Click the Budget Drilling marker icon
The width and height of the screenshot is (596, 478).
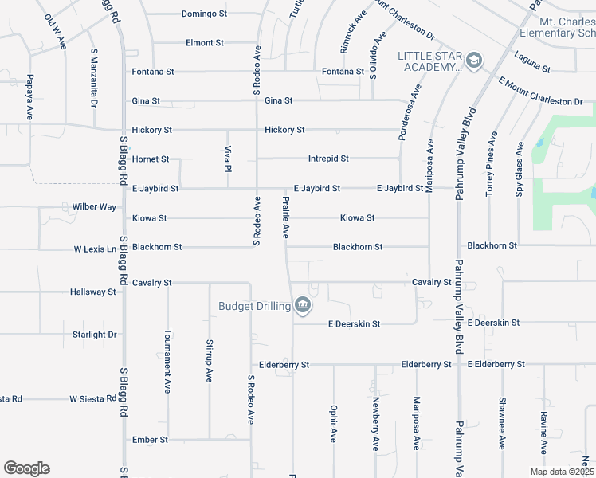(303, 305)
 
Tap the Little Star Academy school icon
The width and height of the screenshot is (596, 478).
(474, 61)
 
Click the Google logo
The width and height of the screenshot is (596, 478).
(26, 468)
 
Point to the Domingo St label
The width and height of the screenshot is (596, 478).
(204, 14)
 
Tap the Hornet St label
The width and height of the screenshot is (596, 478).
(151, 159)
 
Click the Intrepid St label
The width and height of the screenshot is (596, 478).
(328, 159)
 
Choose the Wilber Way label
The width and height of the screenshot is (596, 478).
(94, 206)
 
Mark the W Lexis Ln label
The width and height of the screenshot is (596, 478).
(95, 249)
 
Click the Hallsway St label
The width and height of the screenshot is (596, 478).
(92, 292)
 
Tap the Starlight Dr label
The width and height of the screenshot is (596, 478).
(94, 335)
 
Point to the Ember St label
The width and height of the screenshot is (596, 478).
(151, 439)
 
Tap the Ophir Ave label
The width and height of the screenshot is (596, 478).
(333, 425)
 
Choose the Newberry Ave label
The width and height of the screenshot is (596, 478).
(375, 424)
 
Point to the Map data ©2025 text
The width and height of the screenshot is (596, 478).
(562, 472)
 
